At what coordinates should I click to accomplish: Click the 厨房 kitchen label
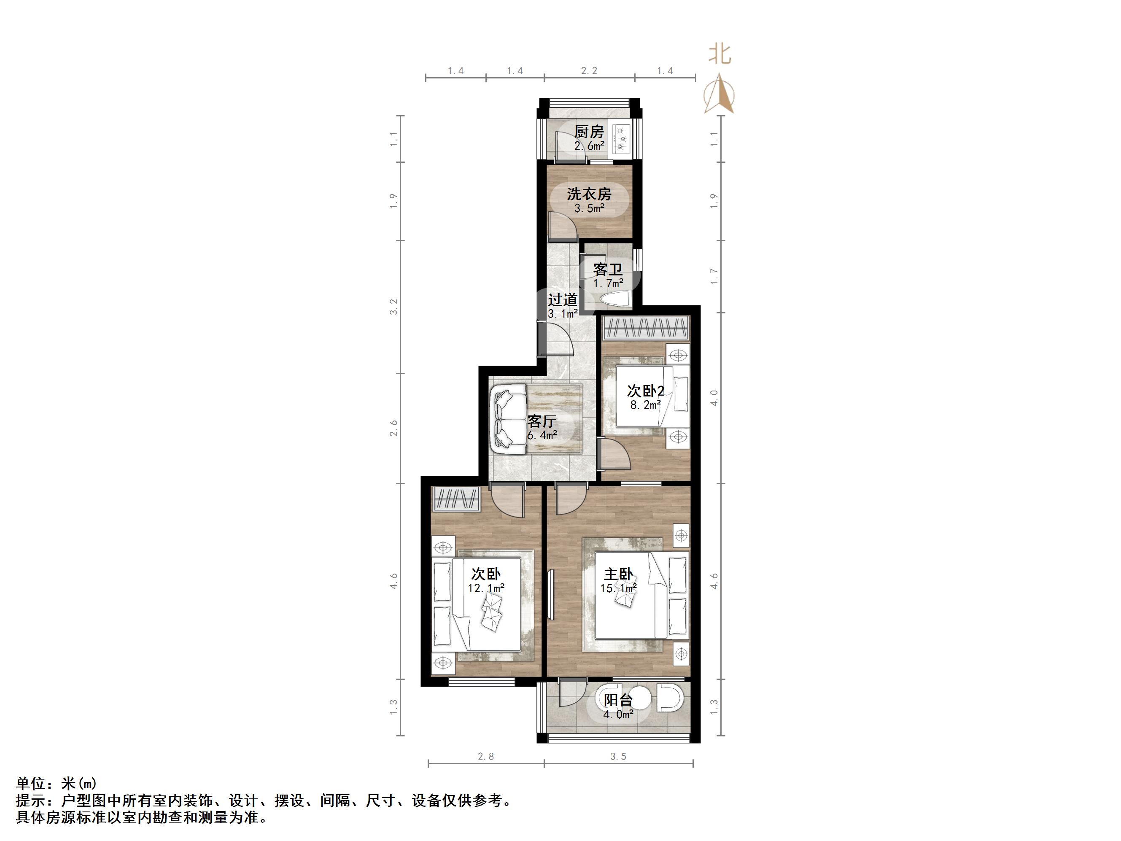[x=589, y=132]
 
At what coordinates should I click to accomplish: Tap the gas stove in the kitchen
[x=620, y=138]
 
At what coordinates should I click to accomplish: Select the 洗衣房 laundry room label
[x=589, y=194]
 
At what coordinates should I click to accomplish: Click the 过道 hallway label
[x=563, y=300]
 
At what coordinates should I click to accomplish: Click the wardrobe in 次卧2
[x=646, y=328]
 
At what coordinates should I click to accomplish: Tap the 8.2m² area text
[x=645, y=405]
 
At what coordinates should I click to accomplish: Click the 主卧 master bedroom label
[x=618, y=574]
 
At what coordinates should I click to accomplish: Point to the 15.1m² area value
[x=618, y=588]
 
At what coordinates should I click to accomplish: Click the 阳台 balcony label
[x=618, y=700]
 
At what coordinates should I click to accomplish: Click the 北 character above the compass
[x=719, y=54]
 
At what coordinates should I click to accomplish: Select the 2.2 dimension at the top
[x=589, y=71]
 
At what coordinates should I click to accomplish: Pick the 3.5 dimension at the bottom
[x=618, y=757]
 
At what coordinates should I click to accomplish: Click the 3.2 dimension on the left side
[x=394, y=307]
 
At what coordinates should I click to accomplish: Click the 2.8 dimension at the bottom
[x=485, y=757]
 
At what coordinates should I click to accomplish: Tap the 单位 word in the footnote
[x=32, y=784]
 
